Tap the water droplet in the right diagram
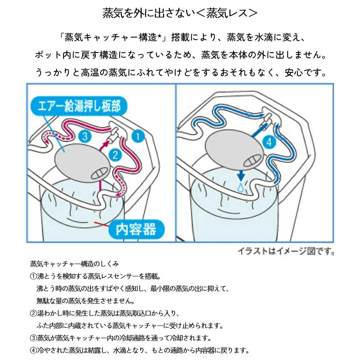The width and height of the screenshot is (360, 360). [240, 187]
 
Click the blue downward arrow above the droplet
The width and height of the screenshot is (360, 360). [240, 176]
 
